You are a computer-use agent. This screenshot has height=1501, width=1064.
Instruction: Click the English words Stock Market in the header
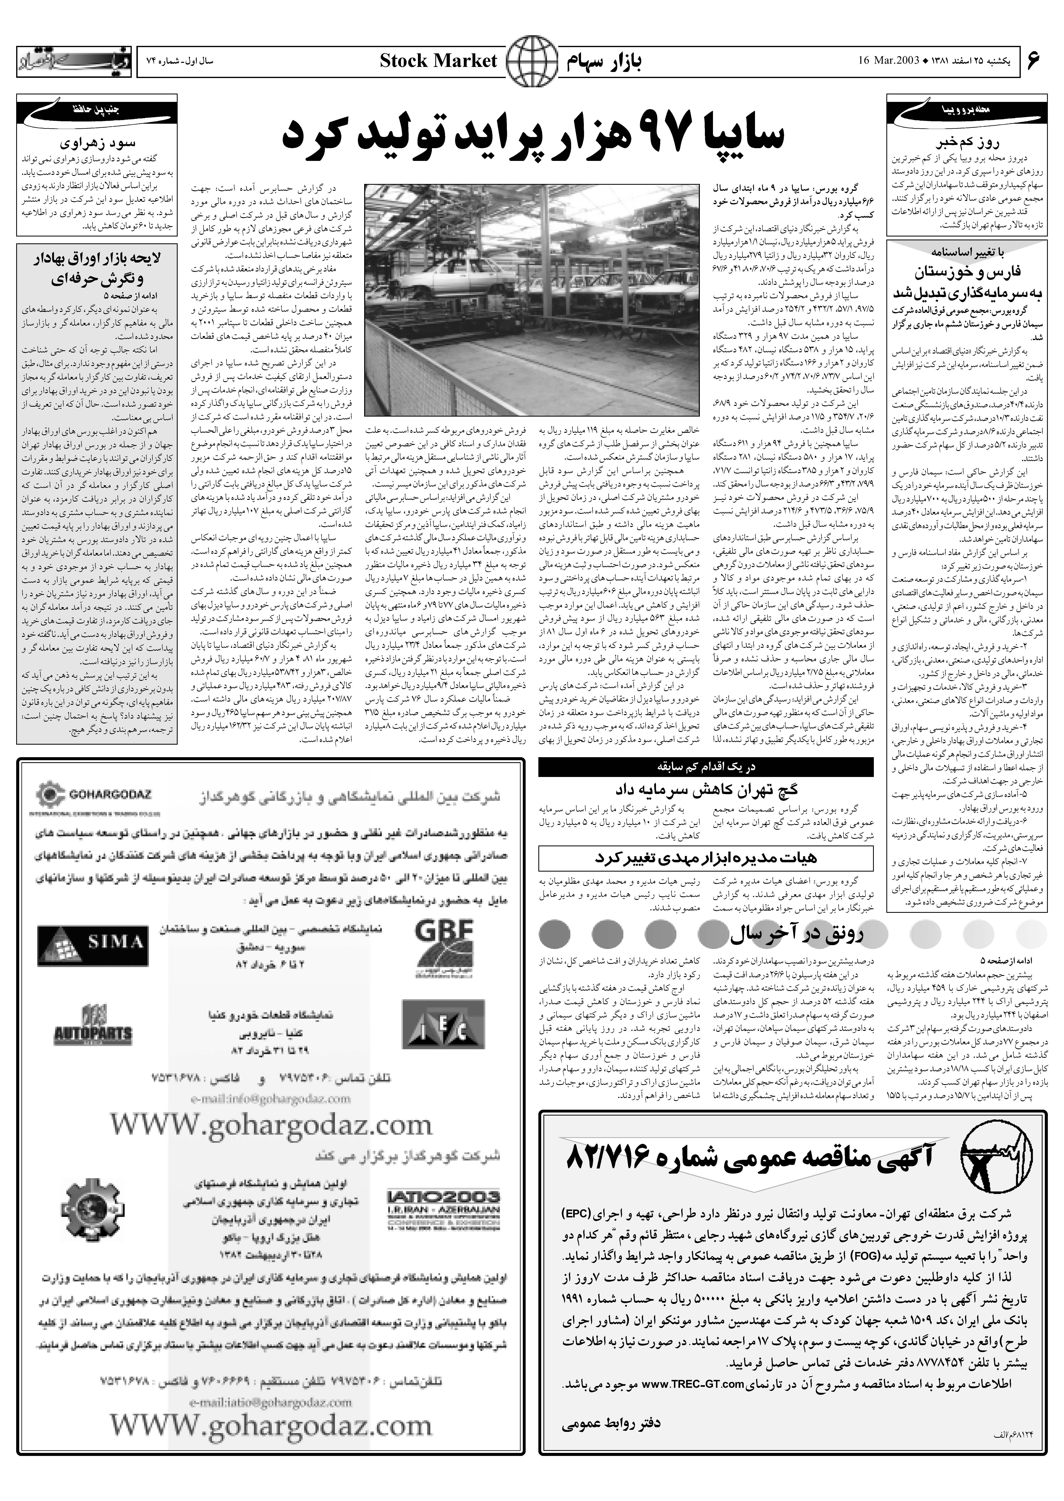(x=438, y=62)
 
